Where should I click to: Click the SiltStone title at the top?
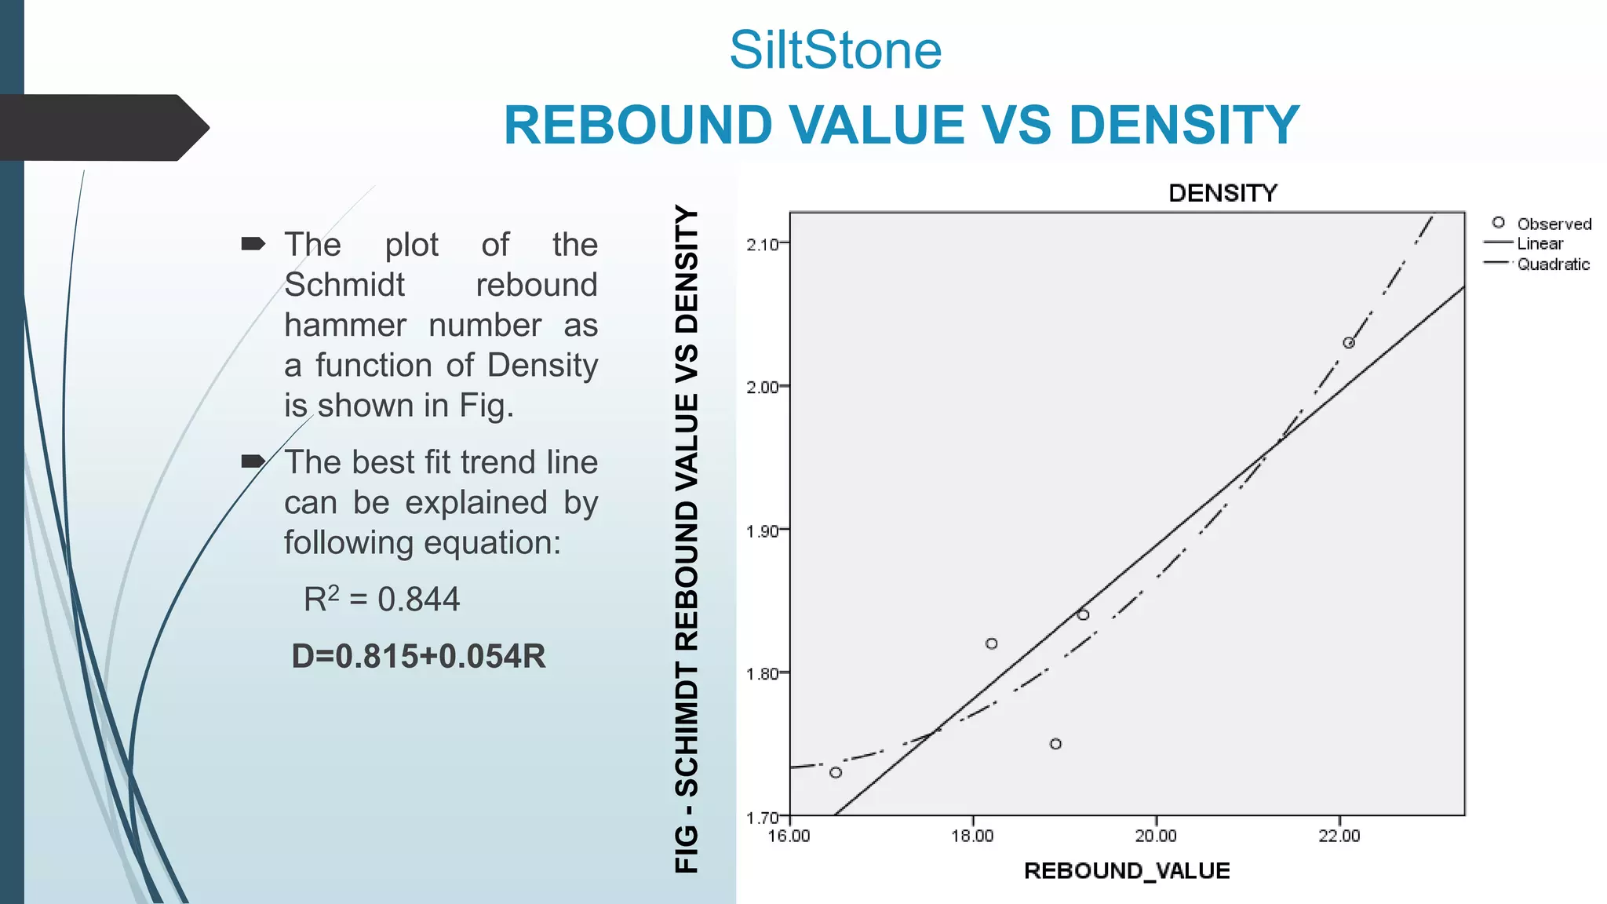(835, 50)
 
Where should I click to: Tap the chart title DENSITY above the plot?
(1223, 193)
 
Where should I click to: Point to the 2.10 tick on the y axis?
(762, 245)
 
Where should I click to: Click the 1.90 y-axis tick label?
(762, 531)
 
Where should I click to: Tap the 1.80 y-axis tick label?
(762, 674)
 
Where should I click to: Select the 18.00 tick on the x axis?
(972, 837)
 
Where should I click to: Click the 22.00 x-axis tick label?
(1339, 837)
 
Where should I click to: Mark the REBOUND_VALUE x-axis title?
(1127, 871)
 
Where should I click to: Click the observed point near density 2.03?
(1349, 343)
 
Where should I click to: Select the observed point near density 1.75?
(1055, 744)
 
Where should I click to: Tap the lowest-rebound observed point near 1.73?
(836, 773)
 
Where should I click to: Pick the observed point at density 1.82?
(991, 643)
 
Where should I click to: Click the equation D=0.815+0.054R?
(418, 657)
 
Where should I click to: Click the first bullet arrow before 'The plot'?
(253, 244)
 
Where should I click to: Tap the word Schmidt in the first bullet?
(344, 285)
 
